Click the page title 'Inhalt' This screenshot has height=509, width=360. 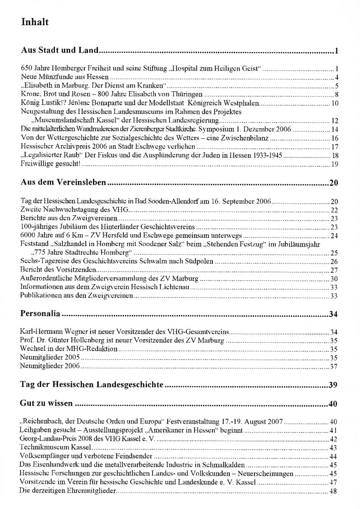(x=34, y=22)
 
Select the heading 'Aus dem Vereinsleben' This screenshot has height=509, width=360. (x=63, y=182)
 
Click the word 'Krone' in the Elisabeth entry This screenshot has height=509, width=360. (x=30, y=94)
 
